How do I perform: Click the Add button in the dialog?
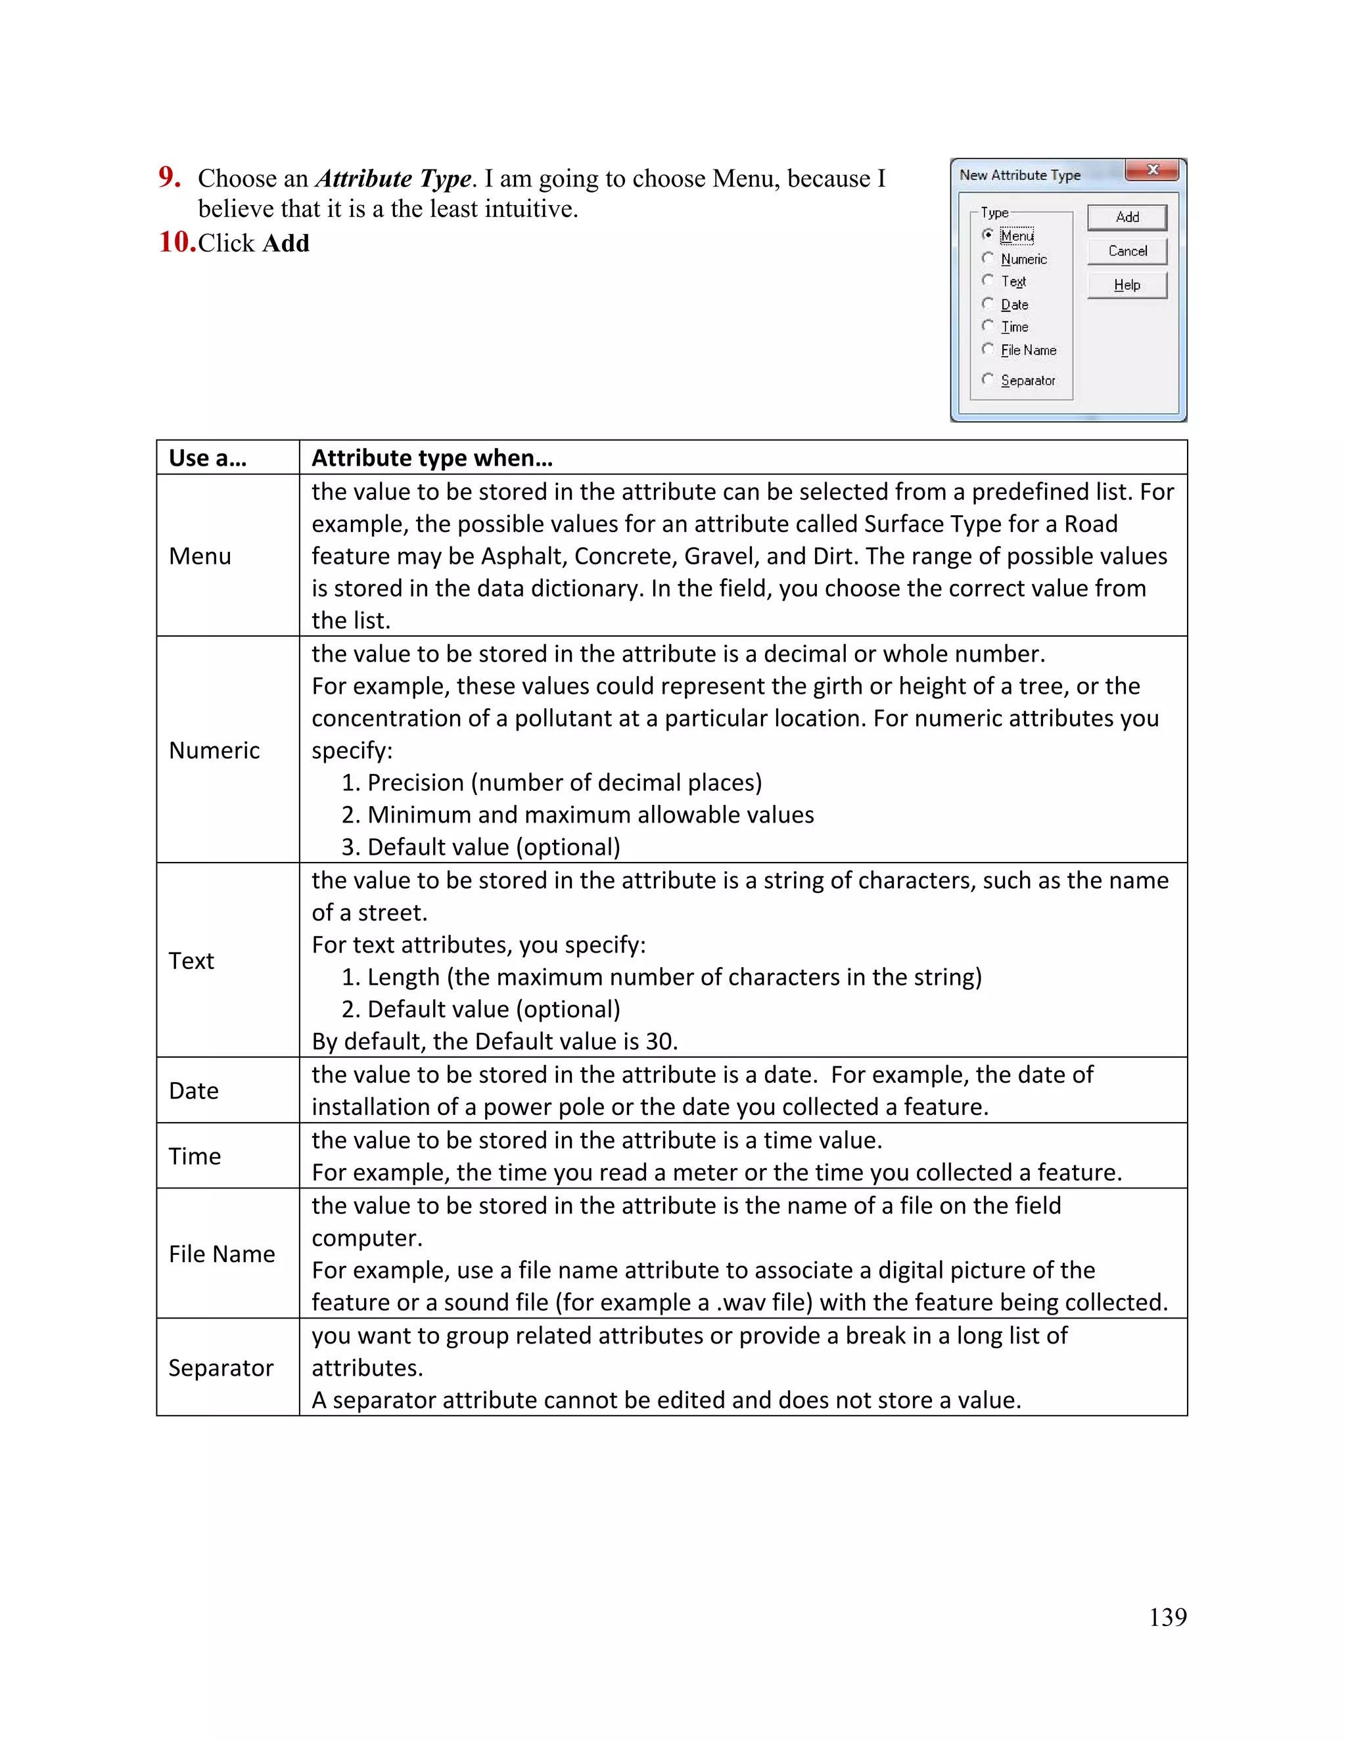pyautogui.click(x=1126, y=217)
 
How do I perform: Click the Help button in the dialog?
pyautogui.click(x=1126, y=284)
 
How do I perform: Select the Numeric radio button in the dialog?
pyautogui.click(x=988, y=258)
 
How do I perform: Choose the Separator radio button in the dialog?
pyautogui.click(x=988, y=380)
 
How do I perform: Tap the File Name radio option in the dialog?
pyautogui.click(x=988, y=349)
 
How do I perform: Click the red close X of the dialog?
pyautogui.click(x=1152, y=170)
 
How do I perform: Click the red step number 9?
pyautogui.click(x=169, y=177)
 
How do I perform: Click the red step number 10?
pyautogui.click(x=177, y=242)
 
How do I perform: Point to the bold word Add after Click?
pyautogui.click(x=285, y=243)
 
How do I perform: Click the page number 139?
pyautogui.click(x=1167, y=1617)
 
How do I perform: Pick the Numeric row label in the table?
pyautogui.click(x=214, y=750)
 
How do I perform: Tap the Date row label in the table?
pyautogui.click(x=194, y=1091)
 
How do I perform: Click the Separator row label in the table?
pyautogui.click(x=221, y=1368)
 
